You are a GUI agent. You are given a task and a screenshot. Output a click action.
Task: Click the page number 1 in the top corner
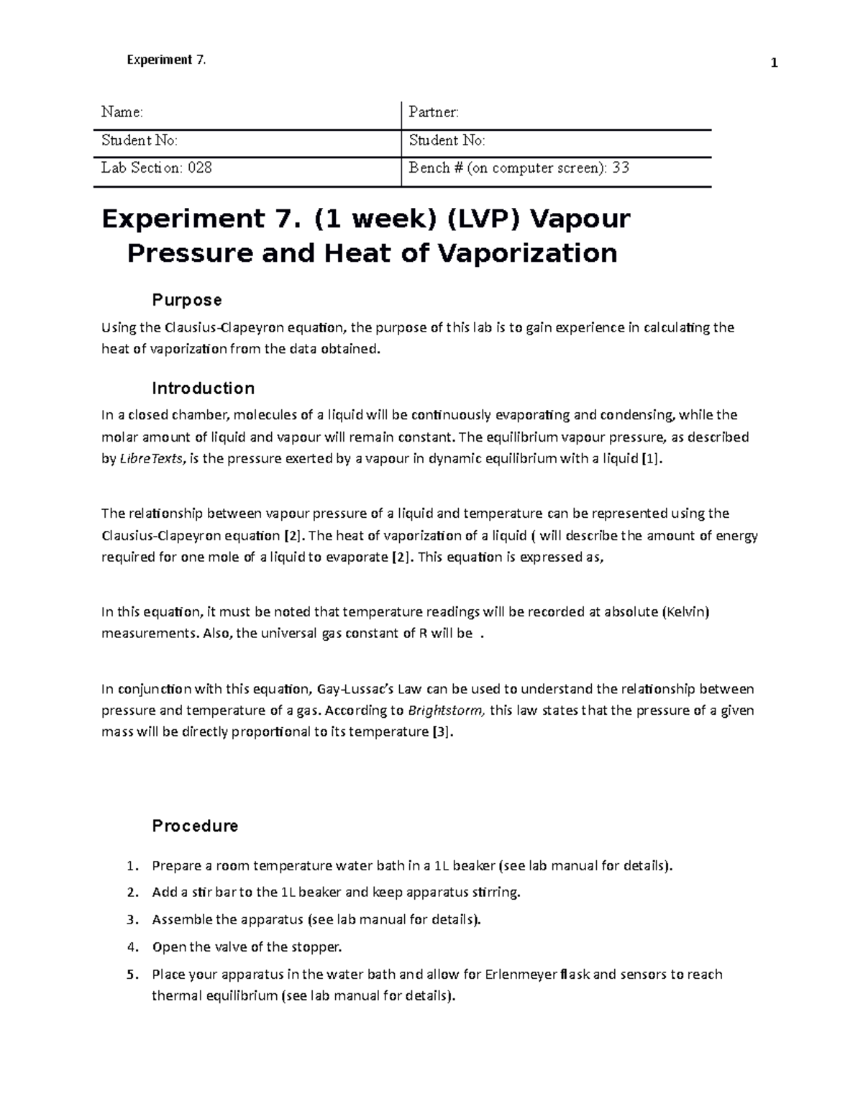pyautogui.click(x=774, y=63)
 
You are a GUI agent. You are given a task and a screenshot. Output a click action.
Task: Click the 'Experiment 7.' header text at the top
pyautogui.click(x=166, y=60)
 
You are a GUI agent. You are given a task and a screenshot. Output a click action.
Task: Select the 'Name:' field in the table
pyautogui.click(x=122, y=112)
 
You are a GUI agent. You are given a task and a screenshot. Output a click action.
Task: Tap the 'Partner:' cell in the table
pyautogui.click(x=434, y=112)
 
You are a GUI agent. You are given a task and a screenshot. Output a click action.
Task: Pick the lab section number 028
pyautogui.click(x=200, y=168)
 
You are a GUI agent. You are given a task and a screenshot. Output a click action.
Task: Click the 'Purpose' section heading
pyautogui.click(x=186, y=299)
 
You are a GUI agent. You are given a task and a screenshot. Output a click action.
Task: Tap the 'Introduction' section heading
pyautogui.click(x=203, y=388)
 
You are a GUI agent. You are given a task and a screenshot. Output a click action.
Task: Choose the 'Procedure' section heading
pyautogui.click(x=195, y=826)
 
